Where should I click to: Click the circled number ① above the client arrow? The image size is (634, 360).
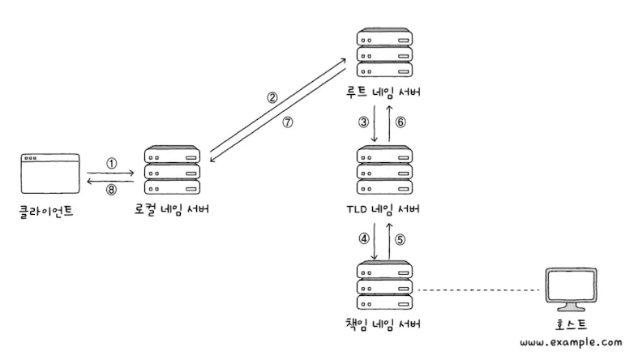pos(112,163)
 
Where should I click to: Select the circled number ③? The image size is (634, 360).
pos(364,122)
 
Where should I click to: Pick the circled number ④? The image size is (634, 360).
pos(364,239)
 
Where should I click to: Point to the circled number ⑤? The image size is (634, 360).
pos(401,239)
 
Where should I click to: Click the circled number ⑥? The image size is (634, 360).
pos(401,122)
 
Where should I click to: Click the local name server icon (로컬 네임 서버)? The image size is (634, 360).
pos(172,171)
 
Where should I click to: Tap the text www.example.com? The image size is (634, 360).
pos(572,343)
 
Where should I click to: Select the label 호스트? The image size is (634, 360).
pos(573,326)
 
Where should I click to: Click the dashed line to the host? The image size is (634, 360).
pos(478,290)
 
